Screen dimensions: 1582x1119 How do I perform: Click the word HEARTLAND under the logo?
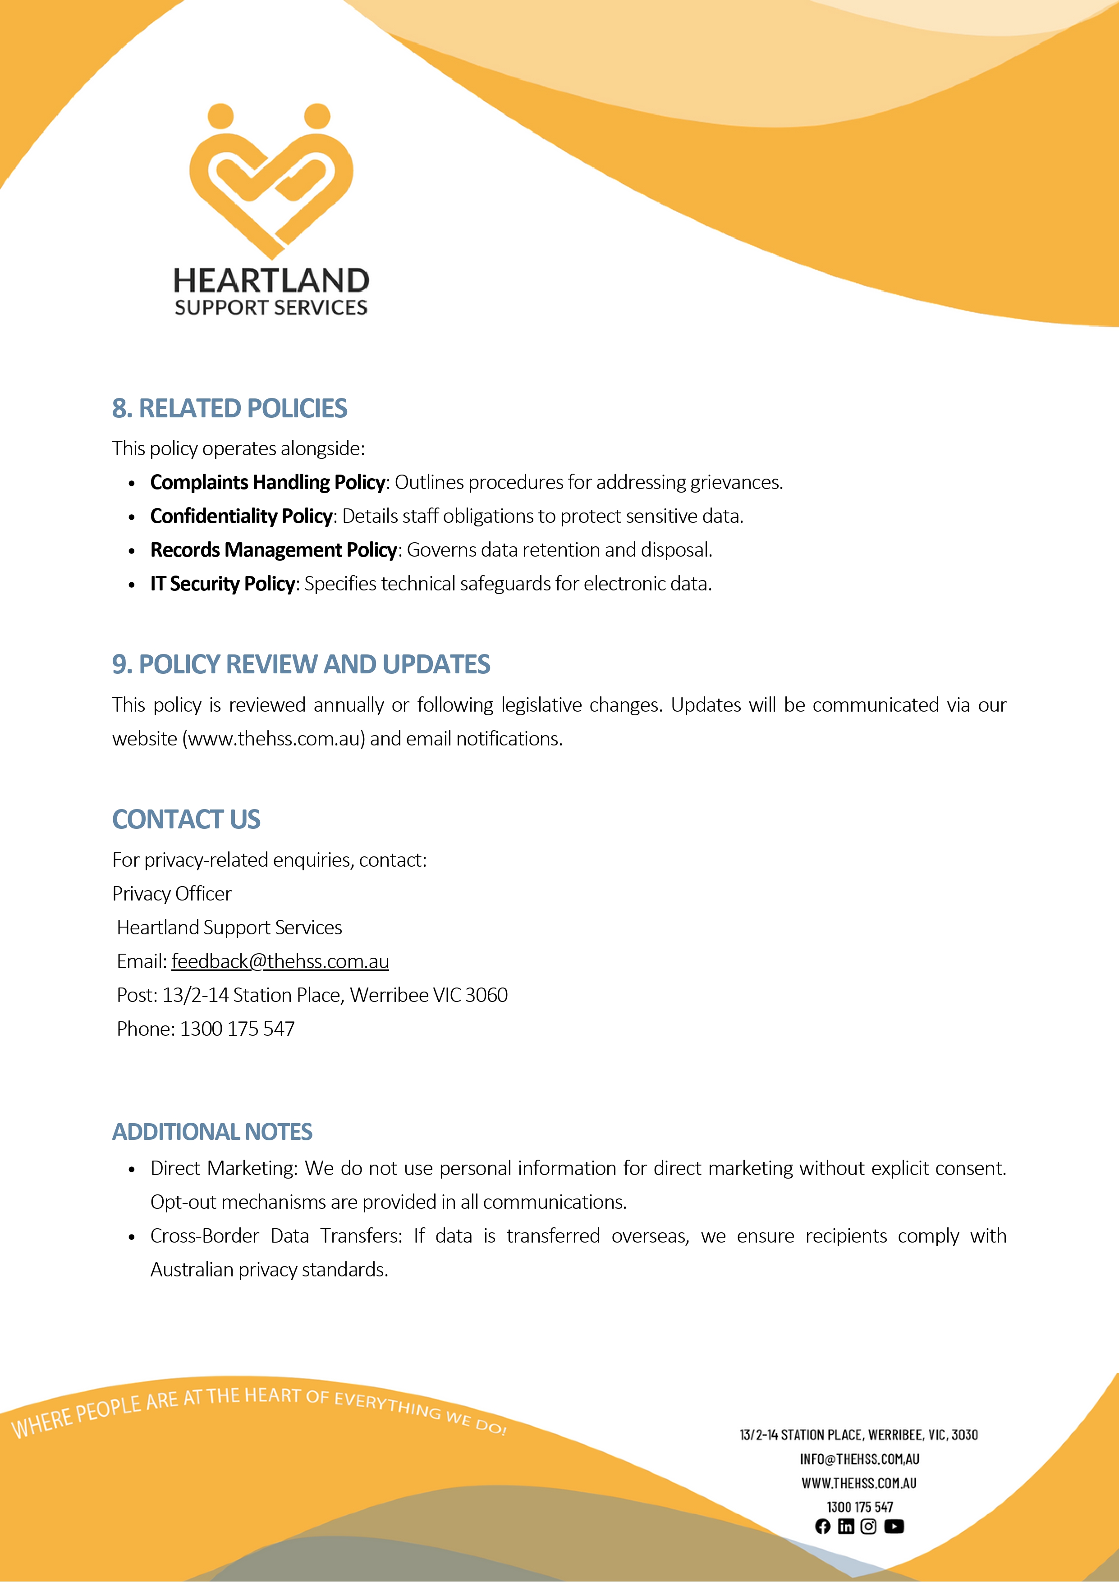(271, 281)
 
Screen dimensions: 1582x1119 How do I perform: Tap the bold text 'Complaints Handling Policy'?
(267, 482)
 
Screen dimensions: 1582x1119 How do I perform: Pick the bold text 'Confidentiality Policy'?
(241, 516)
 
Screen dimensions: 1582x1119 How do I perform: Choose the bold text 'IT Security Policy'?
(223, 584)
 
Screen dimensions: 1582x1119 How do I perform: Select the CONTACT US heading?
(186, 819)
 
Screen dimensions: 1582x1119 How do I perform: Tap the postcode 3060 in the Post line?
(486, 995)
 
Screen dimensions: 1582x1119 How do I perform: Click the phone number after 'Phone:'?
(237, 1029)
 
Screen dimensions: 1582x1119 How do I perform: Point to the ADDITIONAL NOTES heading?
(212, 1132)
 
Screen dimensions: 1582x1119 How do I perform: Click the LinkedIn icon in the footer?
(845, 1526)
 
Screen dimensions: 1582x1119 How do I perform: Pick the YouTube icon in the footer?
(894, 1526)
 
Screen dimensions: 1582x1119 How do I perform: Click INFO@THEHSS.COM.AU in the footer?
(859, 1459)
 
